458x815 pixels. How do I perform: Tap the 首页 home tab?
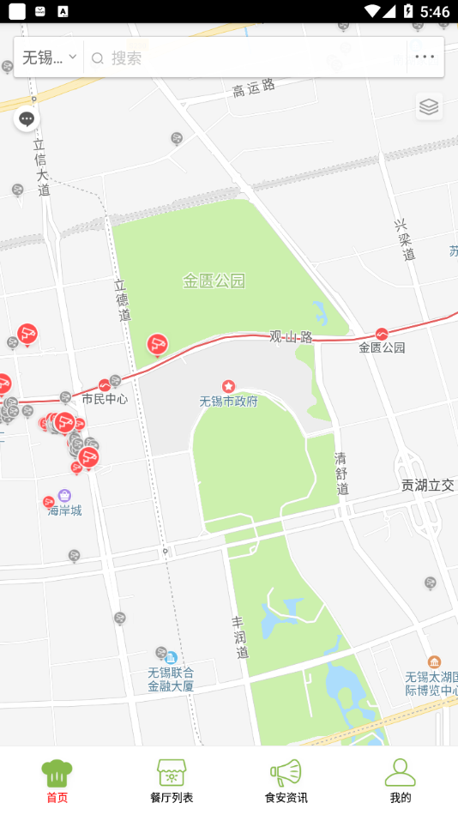[57, 780]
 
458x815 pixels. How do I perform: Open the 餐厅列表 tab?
[172, 780]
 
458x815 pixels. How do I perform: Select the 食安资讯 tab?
[286, 780]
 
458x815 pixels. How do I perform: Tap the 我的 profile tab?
[400, 780]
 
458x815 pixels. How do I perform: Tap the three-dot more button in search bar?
[425, 57]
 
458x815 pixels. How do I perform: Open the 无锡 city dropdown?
[50, 57]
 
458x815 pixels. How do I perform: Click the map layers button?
[429, 106]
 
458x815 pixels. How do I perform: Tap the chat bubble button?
[27, 119]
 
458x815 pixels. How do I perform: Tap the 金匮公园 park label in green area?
[214, 281]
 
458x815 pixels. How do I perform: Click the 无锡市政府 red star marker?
[228, 387]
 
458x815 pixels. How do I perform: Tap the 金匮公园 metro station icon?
[382, 334]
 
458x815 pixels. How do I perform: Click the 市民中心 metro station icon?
[105, 385]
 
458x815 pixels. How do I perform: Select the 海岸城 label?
[64, 510]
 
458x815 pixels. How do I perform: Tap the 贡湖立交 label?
[427, 485]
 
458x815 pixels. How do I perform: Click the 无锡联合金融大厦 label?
[171, 679]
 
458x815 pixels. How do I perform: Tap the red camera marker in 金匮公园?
[157, 345]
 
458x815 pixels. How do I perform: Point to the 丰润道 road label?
[240, 637]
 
